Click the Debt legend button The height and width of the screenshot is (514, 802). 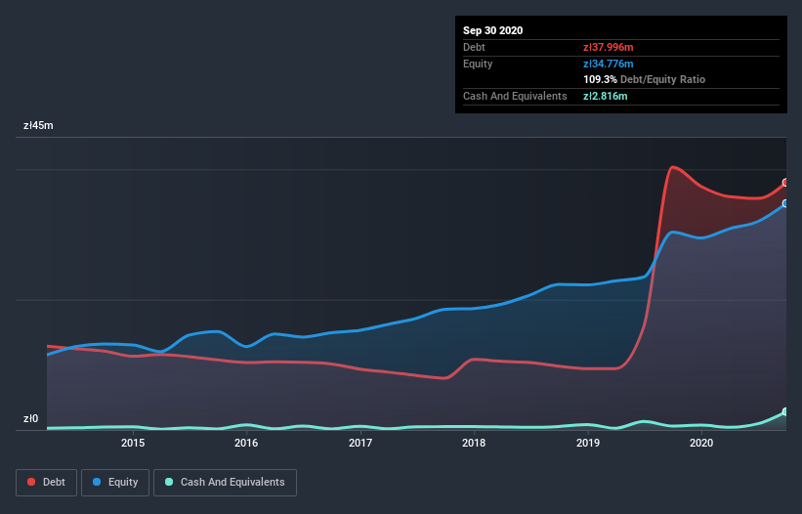(46, 482)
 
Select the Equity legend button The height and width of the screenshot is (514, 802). (115, 482)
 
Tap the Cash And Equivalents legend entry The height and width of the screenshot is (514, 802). (225, 482)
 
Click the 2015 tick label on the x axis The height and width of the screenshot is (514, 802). (133, 443)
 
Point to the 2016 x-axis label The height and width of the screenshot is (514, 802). (246, 443)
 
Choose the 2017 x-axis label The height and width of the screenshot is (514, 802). (360, 443)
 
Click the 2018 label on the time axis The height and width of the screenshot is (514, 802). (474, 443)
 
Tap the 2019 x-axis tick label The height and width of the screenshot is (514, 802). (588, 443)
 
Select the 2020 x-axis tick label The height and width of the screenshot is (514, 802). (701, 443)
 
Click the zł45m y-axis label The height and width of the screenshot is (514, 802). (39, 125)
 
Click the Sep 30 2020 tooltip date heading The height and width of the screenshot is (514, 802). (492, 30)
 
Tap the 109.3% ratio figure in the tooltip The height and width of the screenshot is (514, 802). (600, 79)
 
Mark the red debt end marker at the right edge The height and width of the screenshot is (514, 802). (785, 183)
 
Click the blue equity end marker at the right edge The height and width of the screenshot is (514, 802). (785, 203)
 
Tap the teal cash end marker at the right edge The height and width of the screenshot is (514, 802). (785, 411)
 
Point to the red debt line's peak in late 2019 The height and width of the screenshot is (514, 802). (672, 167)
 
